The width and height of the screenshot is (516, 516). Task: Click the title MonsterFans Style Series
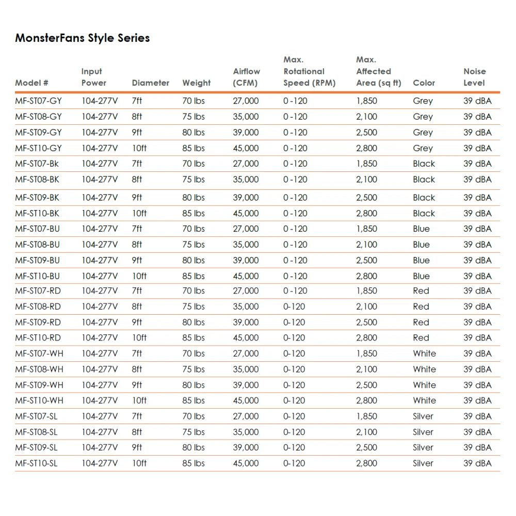pyautogui.click(x=83, y=38)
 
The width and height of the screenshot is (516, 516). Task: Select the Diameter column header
pyautogui.click(x=150, y=83)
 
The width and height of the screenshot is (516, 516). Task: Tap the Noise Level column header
pyautogui.click(x=474, y=77)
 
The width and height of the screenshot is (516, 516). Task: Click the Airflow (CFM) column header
pyautogui.click(x=246, y=77)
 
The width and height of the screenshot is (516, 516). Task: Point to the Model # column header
pyautogui.click(x=31, y=83)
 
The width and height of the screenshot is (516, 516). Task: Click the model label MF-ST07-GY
pyautogui.click(x=38, y=101)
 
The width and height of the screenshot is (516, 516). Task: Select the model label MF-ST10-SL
pyautogui.click(x=36, y=463)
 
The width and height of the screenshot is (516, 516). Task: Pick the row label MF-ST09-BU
pyautogui.click(x=38, y=261)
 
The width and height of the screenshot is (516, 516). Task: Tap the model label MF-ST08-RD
pyautogui.click(x=38, y=307)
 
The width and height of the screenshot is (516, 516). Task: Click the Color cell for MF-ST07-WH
pyautogui.click(x=424, y=354)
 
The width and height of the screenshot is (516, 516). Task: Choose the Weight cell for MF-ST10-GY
pyautogui.click(x=193, y=148)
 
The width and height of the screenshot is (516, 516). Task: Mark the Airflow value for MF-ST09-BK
pyautogui.click(x=246, y=198)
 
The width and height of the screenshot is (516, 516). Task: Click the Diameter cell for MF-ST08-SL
pyautogui.click(x=137, y=432)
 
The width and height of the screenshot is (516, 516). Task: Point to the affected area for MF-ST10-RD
pyautogui.click(x=366, y=338)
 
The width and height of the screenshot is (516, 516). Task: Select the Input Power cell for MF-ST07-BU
pyautogui.click(x=99, y=229)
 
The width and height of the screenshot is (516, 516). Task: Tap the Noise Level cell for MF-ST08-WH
pyautogui.click(x=477, y=369)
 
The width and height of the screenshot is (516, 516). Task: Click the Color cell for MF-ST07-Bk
pyautogui.click(x=424, y=164)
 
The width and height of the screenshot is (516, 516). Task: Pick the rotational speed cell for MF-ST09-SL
pyautogui.click(x=294, y=447)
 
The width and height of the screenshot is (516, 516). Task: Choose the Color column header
pyautogui.click(x=424, y=83)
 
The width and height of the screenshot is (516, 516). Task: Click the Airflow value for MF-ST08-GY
pyautogui.click(x=246, y=117)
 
